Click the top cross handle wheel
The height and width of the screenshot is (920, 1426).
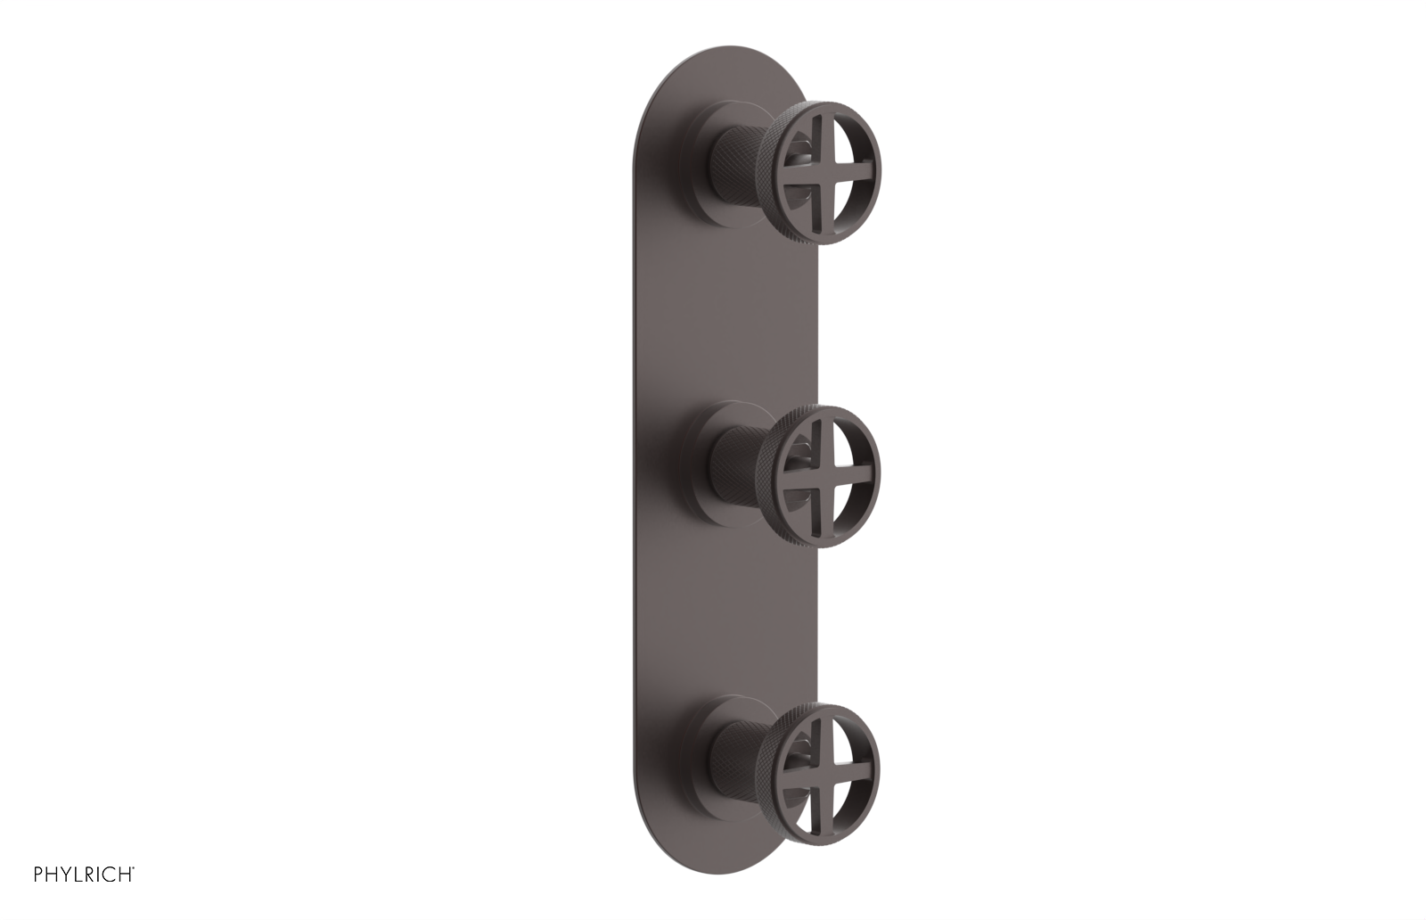pyautogui.click(x=828, y=171)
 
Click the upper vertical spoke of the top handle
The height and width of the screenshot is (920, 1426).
pyautogui.click(x=828, y=134)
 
